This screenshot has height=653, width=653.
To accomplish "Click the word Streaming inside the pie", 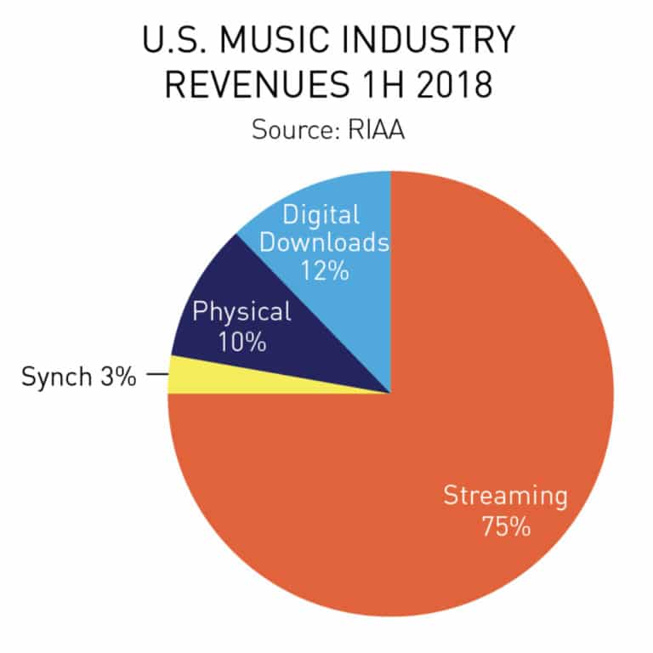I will [504, 496].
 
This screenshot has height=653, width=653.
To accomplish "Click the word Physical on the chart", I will [241, 311].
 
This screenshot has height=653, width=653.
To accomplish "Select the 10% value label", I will [241, 343].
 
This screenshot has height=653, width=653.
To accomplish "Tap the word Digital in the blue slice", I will [321, 213].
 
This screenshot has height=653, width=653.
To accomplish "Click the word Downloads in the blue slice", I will [324, 242].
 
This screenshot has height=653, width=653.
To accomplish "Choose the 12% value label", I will [325, 271].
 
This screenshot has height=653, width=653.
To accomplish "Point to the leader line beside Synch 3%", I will [156, 375].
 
